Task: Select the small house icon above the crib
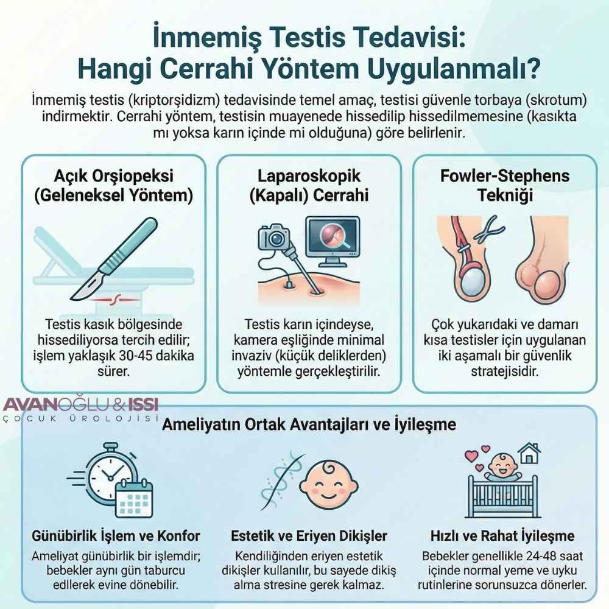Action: tap(527, 454)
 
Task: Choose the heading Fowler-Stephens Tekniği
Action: tap(504, 186)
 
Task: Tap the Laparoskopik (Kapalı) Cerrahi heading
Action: tap(309, 186)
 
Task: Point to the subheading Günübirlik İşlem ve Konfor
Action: tap(116, 537)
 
